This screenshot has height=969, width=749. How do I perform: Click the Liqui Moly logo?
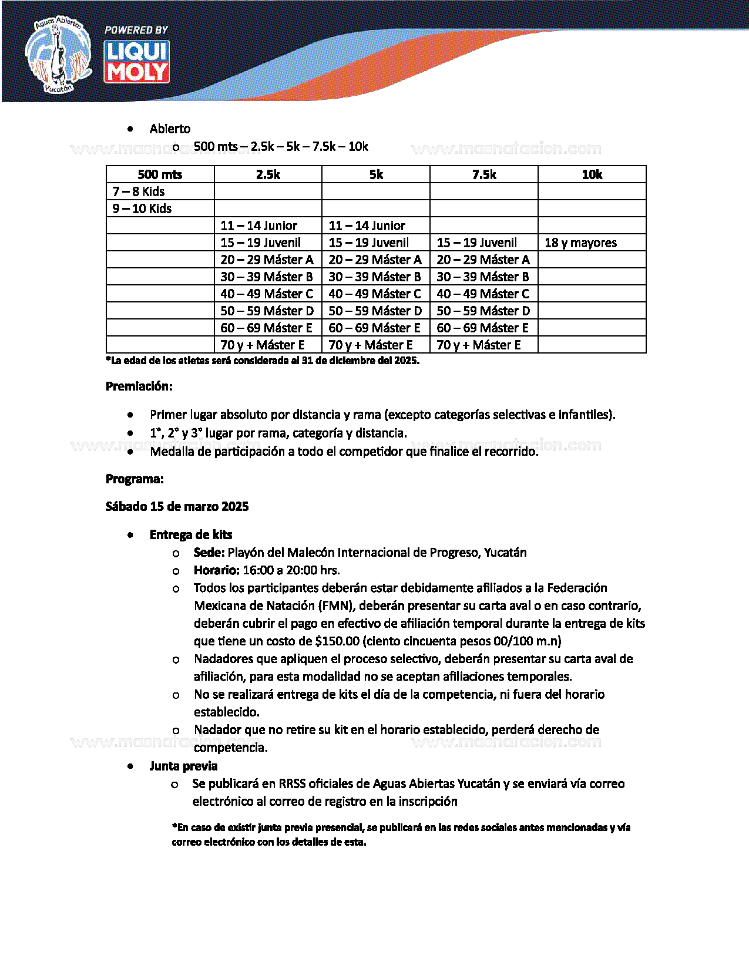[x=137, y=61]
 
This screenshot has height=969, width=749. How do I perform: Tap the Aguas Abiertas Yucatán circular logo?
[x=58, y=56]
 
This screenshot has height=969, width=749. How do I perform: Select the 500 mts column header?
[x=160, y=174]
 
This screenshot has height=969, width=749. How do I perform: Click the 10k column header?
[x=592, y=174]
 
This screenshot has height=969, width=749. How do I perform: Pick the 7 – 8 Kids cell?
[x=139, y=191]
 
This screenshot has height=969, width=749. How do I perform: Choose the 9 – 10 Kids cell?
[x=142, y=208]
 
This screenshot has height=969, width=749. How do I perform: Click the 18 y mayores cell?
[x=580, y=243]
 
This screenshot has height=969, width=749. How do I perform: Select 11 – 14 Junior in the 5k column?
[x=367, y=226]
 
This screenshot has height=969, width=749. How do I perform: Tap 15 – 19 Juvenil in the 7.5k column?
[x=476, y=243]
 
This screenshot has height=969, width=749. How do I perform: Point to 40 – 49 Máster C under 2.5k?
[x=267, y=294]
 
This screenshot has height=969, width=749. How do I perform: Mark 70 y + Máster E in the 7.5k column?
[x=478, y=345]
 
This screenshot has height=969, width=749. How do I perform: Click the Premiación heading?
[x=139, y=386]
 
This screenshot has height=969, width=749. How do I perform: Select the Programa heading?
[x=135, y=479]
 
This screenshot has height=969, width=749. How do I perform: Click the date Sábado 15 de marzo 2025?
[x=177, y=506]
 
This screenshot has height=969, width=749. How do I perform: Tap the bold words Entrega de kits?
[x=191, y=534]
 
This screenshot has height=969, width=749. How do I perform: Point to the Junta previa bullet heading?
[x=183, y=766]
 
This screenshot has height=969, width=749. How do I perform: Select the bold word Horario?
[x=216, y=570]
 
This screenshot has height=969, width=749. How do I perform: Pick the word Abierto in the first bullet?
[x=170, y=129]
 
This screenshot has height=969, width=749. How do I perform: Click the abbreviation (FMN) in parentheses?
[x=337, y=605]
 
